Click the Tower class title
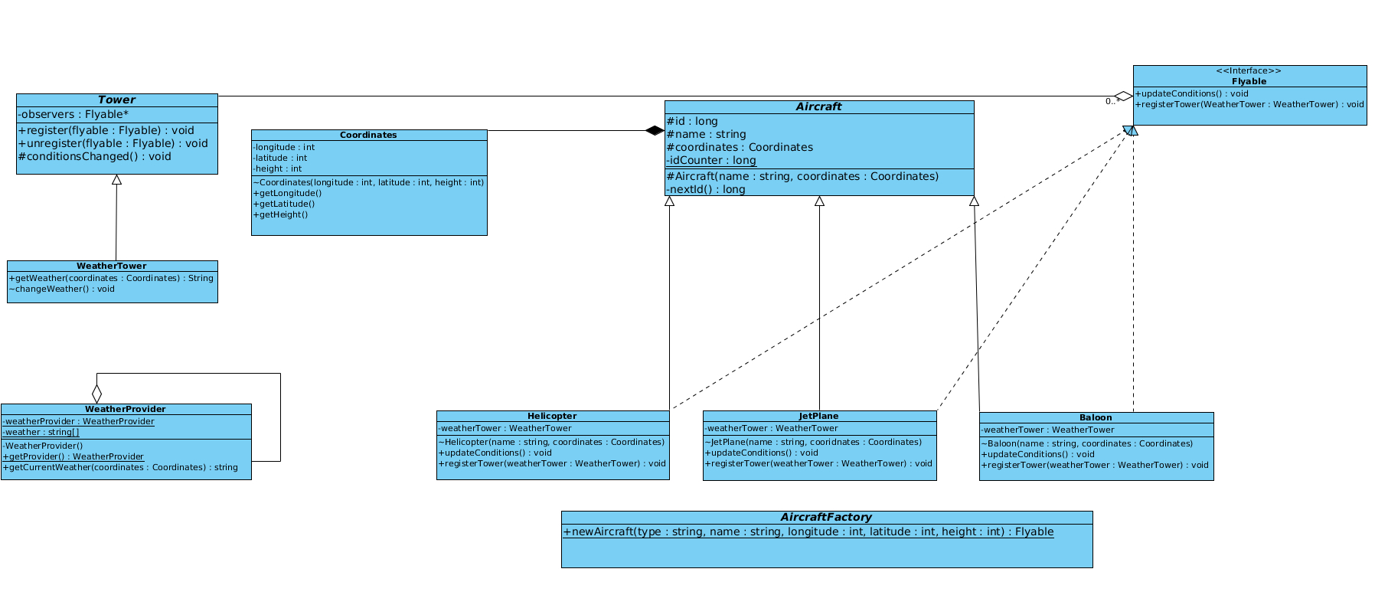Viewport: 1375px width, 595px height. [116, 100]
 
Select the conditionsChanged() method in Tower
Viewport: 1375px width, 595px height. [95, 157]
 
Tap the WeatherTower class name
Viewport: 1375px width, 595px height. [111, 266]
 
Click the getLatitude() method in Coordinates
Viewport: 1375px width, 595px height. [283, 204]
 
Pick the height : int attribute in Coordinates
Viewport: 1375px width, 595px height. [277, 169]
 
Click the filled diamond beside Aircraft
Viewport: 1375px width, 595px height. [655, 131]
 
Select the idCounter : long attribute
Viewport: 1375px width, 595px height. [711, 161]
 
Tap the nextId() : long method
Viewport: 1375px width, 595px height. [705, 190]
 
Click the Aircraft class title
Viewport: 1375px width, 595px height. [818, 107]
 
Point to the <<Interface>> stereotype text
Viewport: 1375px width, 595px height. [1249, 71]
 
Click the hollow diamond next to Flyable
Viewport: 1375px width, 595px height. [1124, 96]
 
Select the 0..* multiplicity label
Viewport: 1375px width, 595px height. [1112, 102]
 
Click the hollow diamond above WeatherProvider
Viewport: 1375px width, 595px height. [96, 394]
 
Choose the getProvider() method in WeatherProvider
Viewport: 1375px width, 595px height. [73, 457]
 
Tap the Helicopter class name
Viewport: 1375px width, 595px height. [552, 417]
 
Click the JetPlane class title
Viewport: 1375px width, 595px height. [818, 417]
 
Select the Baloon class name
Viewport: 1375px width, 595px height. [1096, 418]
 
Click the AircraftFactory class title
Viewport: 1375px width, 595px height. [826, 518]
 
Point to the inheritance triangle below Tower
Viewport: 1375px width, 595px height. [116, 180]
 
